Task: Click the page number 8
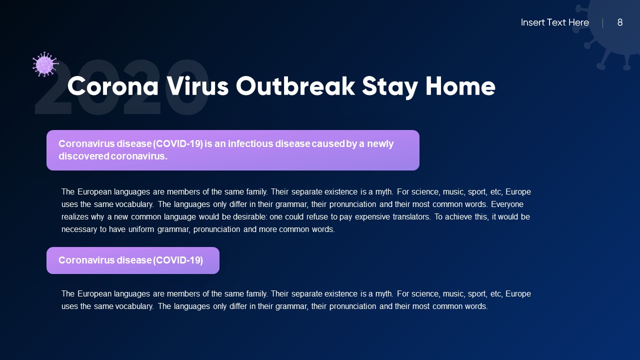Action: coord(620,22)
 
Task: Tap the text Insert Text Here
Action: coord(554,22)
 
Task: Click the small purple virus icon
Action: coord(45,64)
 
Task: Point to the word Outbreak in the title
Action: coord(295,86)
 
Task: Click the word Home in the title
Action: coord(460,86)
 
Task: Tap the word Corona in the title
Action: coord(113,86)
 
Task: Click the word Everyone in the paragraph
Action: coord(507,204)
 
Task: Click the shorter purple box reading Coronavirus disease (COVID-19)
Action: coord(132,260)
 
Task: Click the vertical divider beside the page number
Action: coord(602,22)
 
